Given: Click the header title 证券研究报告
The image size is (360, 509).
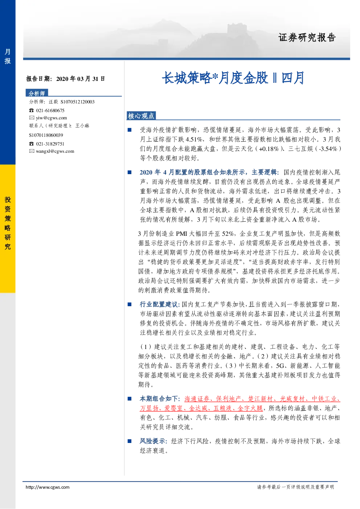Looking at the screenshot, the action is [307, 38].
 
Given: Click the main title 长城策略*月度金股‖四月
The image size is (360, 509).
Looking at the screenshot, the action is [233, 78].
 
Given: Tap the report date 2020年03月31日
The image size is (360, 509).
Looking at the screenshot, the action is [81, 79].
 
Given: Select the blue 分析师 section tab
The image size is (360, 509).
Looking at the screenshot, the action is [37, 93].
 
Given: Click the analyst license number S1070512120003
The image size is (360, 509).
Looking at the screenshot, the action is [78, 102].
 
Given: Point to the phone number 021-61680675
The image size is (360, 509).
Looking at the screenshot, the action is [50, 110].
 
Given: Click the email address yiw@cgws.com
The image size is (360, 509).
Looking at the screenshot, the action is [52, 118].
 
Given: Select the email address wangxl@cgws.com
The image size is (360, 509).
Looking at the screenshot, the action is [55, 151].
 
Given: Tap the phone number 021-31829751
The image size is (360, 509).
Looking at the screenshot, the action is [50, 144].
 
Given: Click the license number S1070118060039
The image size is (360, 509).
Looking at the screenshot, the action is [46, 135].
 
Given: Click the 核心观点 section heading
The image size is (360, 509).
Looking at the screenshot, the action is [141, 116].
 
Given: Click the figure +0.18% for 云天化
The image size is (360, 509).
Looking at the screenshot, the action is [269, 149].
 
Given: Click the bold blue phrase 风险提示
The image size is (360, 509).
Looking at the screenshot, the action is [152, 441].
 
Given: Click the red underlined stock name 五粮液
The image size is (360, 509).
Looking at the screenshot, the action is [222, 409].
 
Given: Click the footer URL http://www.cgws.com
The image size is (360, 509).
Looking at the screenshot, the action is [48, 487].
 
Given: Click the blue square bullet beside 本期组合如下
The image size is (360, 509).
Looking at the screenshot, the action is [130, 399].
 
